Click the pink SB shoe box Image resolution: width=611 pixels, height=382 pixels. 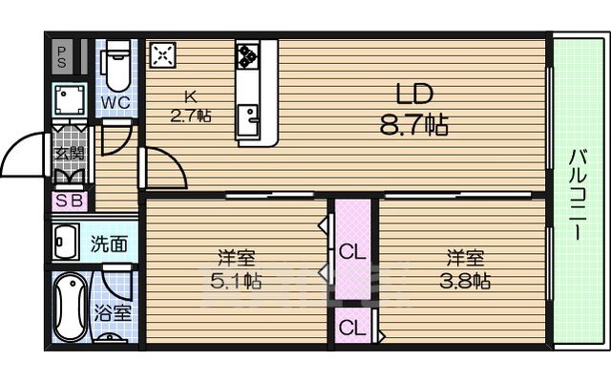pyautogui.click(x=69, y=202)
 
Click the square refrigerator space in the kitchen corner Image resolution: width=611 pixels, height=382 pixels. pyautogui.click(x=161, y=54)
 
